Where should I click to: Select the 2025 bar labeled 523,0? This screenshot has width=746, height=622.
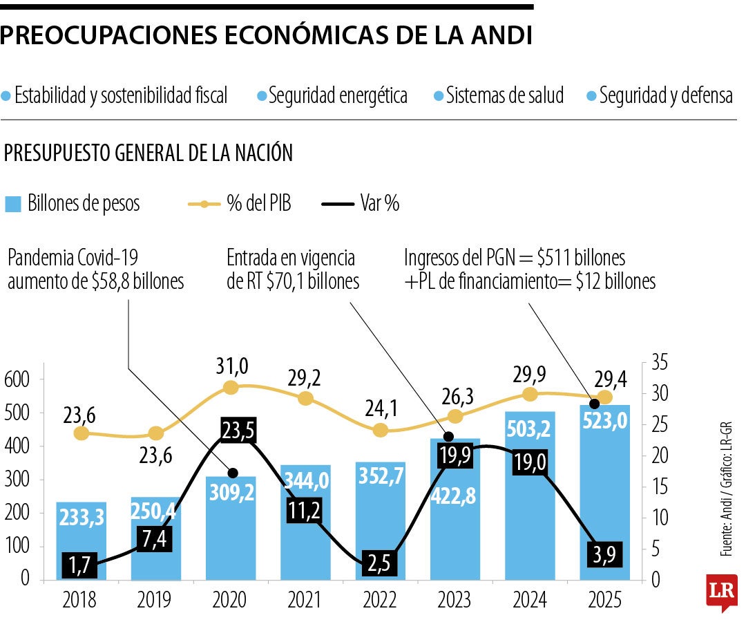(x=604, y=484)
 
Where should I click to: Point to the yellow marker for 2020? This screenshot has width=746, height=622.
(x=231, y=388)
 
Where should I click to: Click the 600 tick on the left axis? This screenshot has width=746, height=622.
(x=19, y=379)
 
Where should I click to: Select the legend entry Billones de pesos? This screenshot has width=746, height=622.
(x=73, y=204)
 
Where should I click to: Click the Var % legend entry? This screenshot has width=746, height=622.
(x=361, y=204)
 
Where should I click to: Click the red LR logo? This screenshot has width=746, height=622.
(x=721, y=592)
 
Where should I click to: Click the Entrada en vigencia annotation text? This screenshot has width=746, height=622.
(x=293, y=270)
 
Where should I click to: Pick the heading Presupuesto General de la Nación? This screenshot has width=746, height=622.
(x=149, y=153)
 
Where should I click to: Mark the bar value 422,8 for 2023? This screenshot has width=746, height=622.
(x=455, y=496)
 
